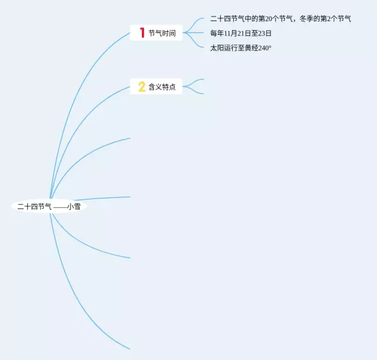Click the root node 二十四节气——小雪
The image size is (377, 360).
point(49,207)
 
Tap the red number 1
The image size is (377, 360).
point(142,33)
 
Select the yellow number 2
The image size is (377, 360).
point(141,87)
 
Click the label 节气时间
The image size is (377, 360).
point(162,34)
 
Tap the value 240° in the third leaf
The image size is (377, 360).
point(264,48)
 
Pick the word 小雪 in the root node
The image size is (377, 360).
point(74,207)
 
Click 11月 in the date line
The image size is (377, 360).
point(230,34)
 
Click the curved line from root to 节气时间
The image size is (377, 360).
point(77,88)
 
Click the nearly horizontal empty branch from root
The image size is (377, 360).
point(106,198)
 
